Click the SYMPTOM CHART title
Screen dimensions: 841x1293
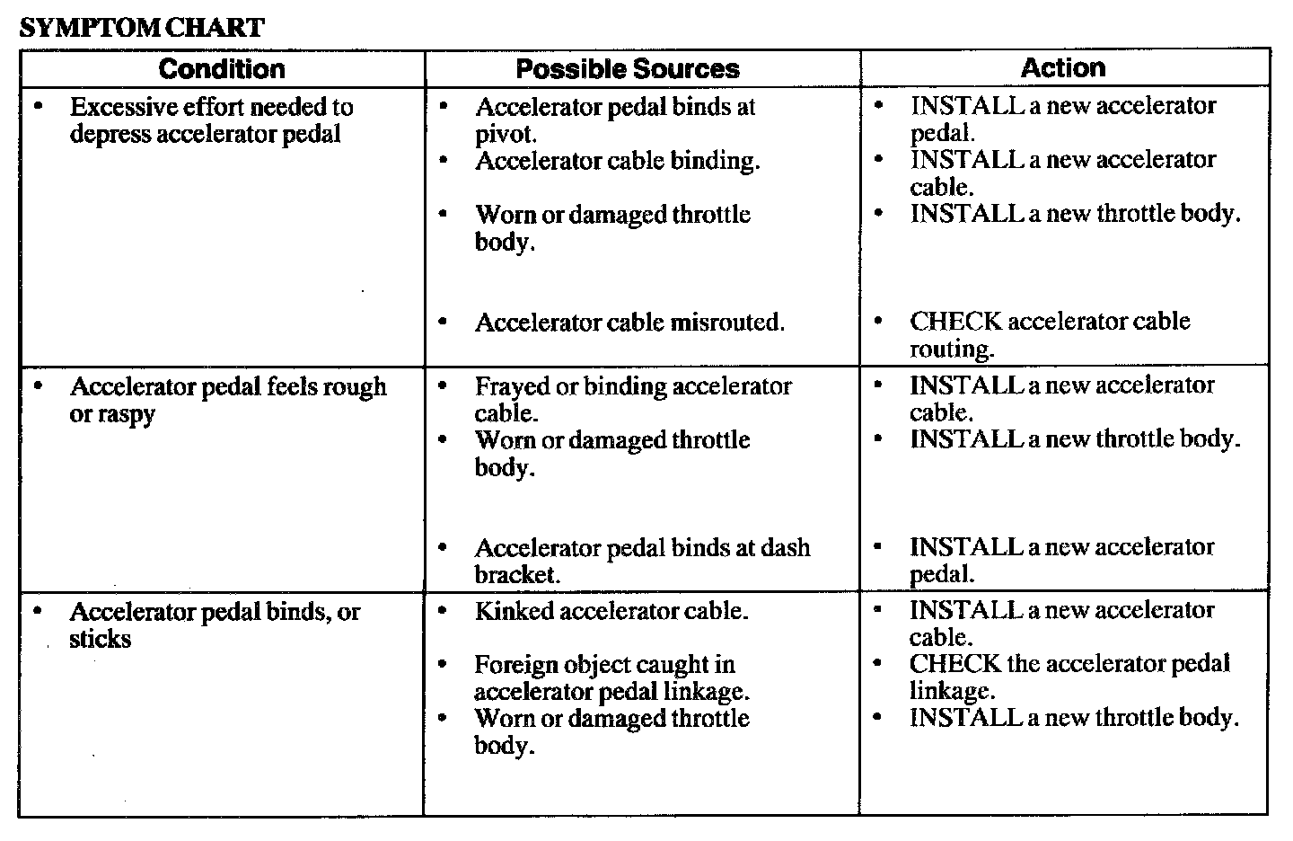[142, 27]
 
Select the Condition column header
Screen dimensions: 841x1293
[222, 69]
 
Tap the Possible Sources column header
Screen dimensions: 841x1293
[628, 69]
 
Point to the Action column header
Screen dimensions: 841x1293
[1063, 68]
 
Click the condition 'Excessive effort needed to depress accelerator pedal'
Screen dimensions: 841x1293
[211, 120]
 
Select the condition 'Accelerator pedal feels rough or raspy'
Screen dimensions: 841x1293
[228, 400]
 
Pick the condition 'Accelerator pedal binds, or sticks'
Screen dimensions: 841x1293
[215, 625]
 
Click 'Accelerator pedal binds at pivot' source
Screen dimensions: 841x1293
[615, 120]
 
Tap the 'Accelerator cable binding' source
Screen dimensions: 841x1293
[617, 161]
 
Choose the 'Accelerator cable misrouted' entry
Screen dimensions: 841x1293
[629, 323]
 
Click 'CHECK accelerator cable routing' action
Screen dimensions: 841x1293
[1050, 334]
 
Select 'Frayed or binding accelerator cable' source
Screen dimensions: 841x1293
[633, 400]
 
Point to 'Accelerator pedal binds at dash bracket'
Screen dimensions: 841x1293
[642, 561]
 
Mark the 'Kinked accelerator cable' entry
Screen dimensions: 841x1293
[611, 611]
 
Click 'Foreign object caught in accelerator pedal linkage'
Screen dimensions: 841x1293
[611, 678]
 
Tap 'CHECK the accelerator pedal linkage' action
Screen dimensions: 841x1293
[1069, 677]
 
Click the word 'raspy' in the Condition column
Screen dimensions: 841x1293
[125, 414]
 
